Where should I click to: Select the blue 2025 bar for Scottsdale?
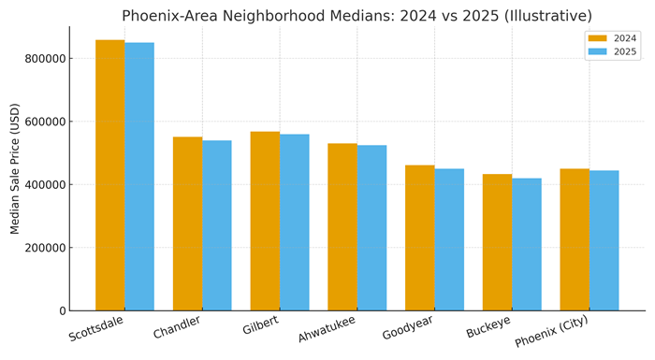[139, 177]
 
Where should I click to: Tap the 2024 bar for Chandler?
[187, 223]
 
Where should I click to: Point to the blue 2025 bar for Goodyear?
[449, 239]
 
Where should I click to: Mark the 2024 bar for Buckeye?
[497, 242]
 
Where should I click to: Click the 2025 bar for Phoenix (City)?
[604, 240]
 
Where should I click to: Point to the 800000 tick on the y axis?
[43, 58]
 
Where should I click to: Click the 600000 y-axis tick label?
[43, 122]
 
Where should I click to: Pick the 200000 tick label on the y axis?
[43, 248]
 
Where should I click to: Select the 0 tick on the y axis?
[62, 310]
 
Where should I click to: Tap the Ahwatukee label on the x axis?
[327, 330]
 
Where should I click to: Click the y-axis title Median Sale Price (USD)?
[15, 169]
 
